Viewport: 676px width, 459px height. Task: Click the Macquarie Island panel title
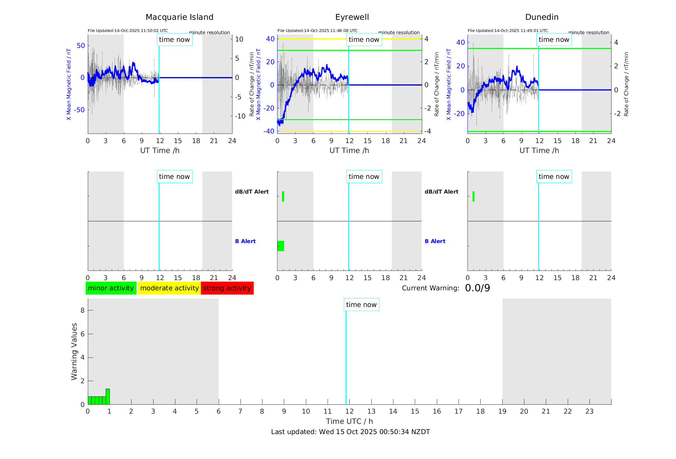(x=179, y=17)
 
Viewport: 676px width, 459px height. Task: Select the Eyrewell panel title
(x=352, y=17)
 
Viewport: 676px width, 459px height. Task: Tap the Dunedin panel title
(x=542, y=17)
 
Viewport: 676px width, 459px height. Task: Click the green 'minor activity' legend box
(x=111, y=288)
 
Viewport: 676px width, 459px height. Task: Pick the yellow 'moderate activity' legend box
(x=169, y=288)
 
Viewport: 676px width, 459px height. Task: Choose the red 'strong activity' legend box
(x=227, y=288)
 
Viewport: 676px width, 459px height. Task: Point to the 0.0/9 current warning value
(x=477, y=288)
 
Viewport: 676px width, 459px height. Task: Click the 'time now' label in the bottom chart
(x=361, y=305)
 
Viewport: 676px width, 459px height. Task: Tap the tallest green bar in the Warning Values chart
(x=108, y=396)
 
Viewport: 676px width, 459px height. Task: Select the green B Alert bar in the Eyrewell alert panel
(x=281, y=246)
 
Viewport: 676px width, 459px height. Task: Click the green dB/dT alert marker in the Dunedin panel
(x=473, y=196)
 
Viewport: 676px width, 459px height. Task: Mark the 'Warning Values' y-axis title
(x=74, y=351)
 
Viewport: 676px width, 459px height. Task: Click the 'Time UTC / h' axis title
(x=349, y=421)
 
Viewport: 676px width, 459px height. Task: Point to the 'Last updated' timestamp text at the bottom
(x=350, y=432)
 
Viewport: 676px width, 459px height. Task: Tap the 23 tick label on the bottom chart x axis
(x=589, y=411)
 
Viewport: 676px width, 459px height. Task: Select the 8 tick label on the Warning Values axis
(x=82, y=310)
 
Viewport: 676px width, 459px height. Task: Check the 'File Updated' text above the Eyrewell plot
(x=317, y=31)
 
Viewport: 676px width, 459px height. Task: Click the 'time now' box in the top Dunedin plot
(x=554, y=40)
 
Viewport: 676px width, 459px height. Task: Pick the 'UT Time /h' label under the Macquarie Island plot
(x=160, y=150)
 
